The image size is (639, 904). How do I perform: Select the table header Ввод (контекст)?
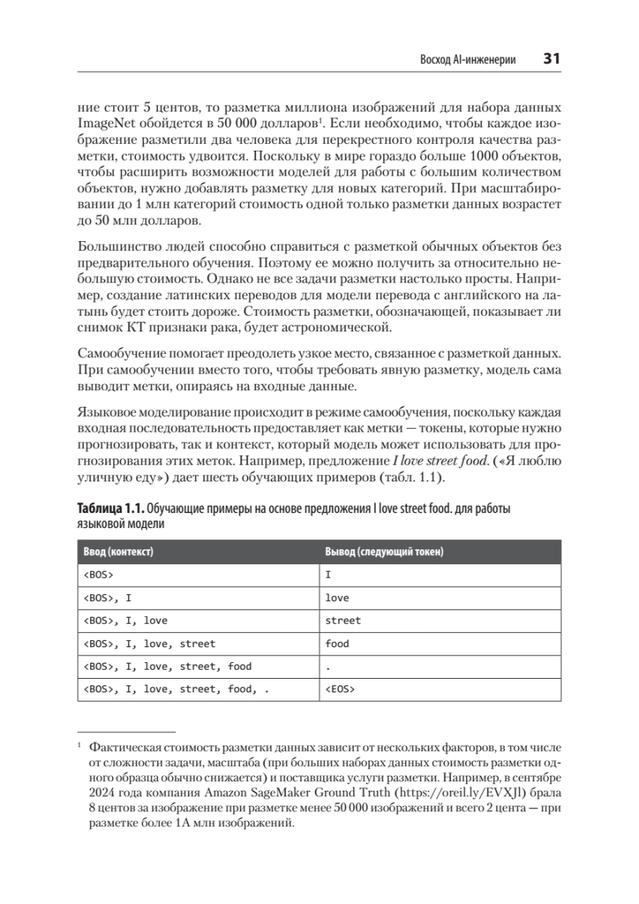117,552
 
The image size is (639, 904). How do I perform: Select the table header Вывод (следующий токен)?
384,552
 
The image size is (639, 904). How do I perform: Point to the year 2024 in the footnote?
102,793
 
